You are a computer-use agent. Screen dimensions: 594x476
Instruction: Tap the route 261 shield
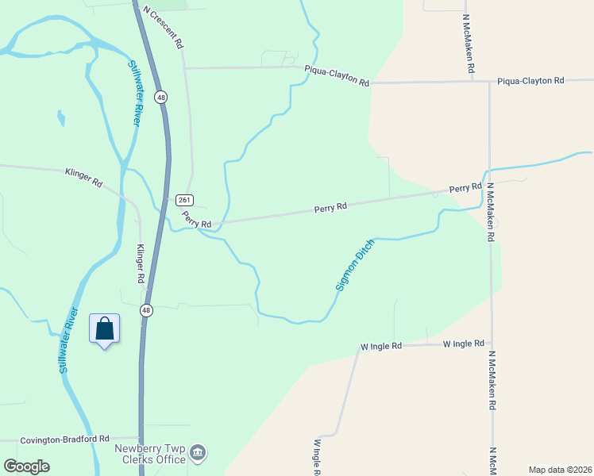tap(184, 200)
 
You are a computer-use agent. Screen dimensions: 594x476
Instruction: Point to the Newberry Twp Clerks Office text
tap(151, 454)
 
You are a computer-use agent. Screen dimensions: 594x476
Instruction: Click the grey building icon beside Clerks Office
tap(199, 454)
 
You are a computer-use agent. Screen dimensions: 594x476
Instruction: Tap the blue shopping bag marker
tap(105, 329)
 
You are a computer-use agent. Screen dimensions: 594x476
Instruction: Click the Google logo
tap(26, 466)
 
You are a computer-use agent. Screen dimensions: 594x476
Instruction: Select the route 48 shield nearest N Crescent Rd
tap(161, 97)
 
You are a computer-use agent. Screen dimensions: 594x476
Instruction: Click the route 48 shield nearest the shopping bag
tap(146, 310)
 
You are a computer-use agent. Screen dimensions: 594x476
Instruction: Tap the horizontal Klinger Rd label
tap(84, 176)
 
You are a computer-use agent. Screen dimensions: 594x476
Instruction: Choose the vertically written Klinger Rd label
tap(140, 263)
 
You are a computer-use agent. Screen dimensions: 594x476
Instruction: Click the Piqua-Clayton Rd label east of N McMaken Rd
tap(530, 81)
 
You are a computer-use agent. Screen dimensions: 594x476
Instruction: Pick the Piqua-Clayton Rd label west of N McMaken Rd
tap(337, 76)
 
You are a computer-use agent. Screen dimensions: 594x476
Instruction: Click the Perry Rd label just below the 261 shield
tap(196, 220)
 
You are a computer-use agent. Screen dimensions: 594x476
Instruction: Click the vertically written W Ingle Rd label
tap(317, 458)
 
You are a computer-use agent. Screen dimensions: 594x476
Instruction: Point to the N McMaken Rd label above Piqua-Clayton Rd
tap(468, 44)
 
